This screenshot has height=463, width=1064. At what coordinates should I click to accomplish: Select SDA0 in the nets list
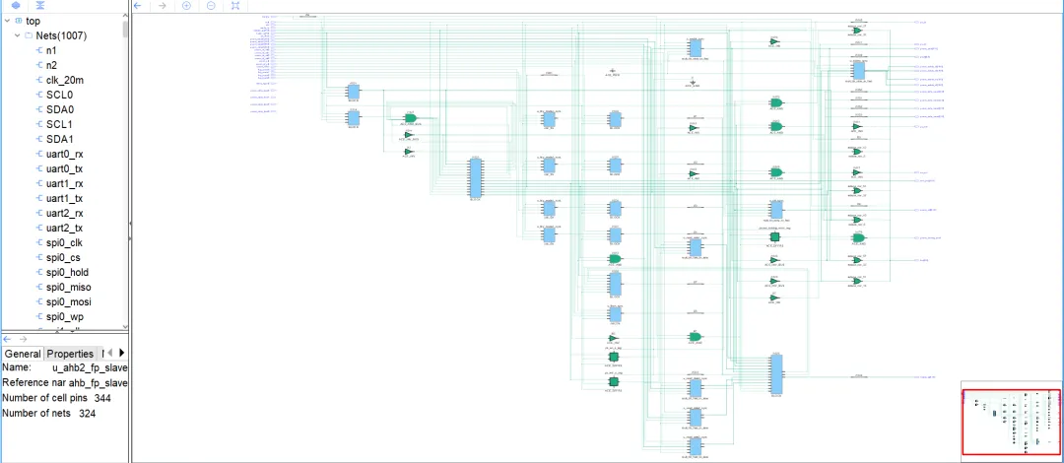(x=59, y=109)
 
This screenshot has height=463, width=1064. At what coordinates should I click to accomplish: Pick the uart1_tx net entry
(x=64, y=198)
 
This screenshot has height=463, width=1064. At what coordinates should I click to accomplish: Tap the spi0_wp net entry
(x=65, y=316)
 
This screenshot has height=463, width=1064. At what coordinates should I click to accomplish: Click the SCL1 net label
(x=59, y=124)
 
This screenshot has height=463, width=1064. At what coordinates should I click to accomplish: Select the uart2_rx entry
(x=64, y=213)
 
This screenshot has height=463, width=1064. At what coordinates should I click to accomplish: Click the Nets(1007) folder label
(x=68, y=35)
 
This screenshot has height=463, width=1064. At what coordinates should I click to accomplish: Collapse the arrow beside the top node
(x=6, y=21)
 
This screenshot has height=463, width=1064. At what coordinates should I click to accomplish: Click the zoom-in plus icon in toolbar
(x=186, y=6)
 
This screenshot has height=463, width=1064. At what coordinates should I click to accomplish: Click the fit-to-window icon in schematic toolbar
(x=234, y=6)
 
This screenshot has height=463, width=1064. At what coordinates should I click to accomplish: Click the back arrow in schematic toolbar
(x=138, y=6)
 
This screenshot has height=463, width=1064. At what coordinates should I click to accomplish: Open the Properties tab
(x=70, y=354)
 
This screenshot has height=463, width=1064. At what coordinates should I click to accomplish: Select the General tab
(x=22, y=354)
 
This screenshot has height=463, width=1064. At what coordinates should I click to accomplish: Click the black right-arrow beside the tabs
(x=122, y=353)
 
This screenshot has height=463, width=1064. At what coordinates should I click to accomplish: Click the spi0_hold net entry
(x=68, y=272)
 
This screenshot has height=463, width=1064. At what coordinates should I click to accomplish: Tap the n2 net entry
(x=51, y=65)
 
